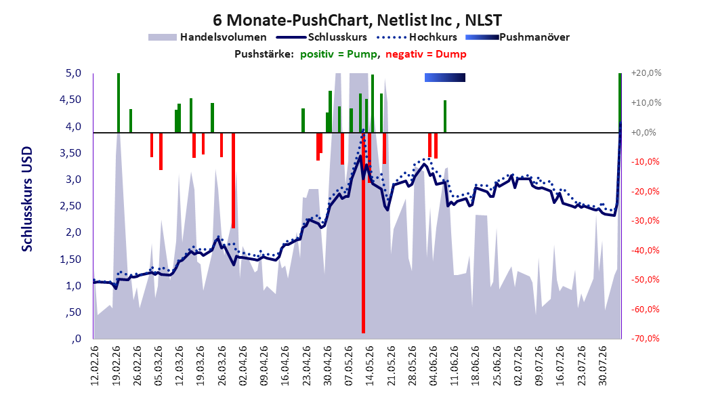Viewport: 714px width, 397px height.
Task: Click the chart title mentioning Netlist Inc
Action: [357, 20]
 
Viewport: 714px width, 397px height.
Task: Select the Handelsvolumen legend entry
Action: [207, 37]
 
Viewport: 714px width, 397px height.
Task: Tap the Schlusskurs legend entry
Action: [321, 37]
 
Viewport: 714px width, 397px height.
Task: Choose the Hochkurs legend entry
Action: [416, 37]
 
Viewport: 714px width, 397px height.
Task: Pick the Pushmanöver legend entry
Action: [518, 37]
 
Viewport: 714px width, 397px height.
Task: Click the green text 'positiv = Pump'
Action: [339, 54]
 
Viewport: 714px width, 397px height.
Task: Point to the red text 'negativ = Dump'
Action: [426, 54]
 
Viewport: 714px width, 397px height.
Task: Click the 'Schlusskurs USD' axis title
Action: [27, 199]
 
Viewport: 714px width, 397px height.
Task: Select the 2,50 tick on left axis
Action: [70, 206]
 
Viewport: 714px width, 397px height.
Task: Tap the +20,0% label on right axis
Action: [646, 73]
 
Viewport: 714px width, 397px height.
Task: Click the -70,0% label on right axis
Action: [645, 338]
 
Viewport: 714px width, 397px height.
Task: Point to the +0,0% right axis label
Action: [644, 133]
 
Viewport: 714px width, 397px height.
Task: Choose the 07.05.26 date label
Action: [348, 366]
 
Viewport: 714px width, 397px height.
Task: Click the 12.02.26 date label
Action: [95, 366]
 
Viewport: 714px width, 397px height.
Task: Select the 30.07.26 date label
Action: [602, 366]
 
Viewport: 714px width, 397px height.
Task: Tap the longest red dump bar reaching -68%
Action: [363, 232]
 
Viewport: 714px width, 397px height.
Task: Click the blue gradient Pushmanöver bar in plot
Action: [445, 77]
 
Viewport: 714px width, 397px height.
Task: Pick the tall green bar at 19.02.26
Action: [119, 103]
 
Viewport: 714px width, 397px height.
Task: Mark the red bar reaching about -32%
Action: [233, 180]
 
